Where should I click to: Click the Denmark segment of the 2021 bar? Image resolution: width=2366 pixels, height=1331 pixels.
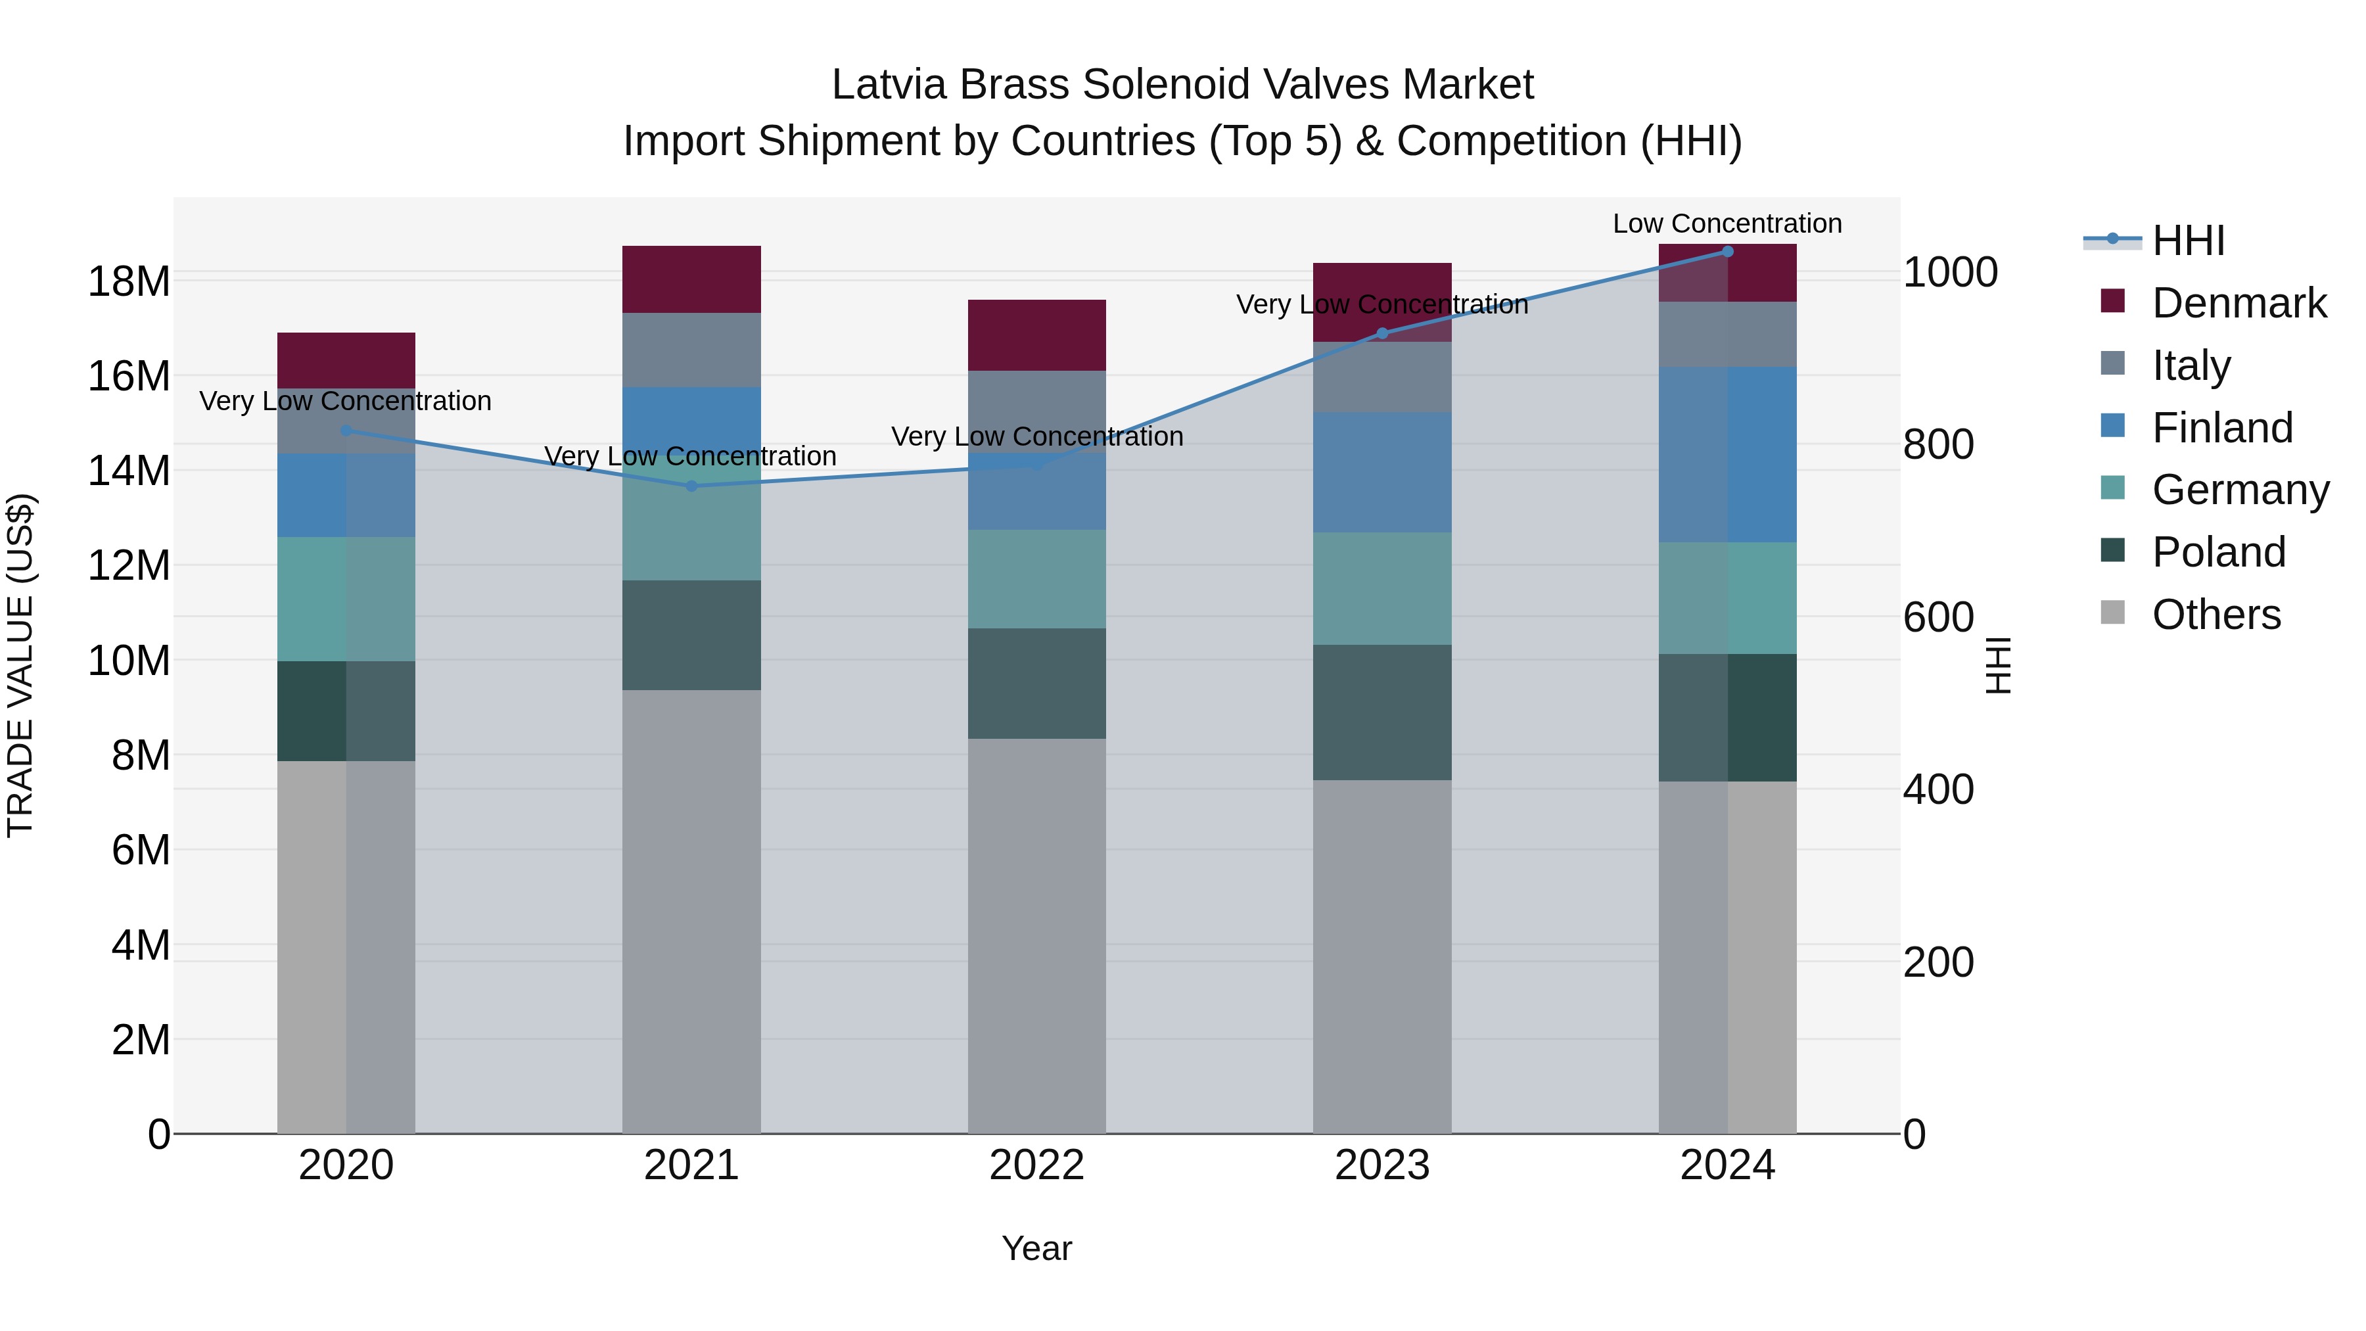[x=691, y=279]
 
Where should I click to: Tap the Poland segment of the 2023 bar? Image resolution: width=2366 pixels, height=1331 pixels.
[x=1381, y=712]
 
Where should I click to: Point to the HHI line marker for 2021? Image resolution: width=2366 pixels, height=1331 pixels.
[x=691, y=486]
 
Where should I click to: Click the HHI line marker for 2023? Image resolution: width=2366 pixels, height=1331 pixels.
[x=1382, y=333]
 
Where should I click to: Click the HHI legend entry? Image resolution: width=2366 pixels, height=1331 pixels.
[x=2188, y=241]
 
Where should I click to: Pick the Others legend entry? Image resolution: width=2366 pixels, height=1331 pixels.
[x=2215, y=614]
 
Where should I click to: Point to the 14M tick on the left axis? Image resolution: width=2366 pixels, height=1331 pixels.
[x=129, y=471]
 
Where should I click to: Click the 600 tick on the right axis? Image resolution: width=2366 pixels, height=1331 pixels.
[x=1938, y=617]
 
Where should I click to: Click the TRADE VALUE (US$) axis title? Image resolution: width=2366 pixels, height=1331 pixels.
[x=21, y=665]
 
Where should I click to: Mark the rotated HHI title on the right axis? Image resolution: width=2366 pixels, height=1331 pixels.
[x=1998, y=665]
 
